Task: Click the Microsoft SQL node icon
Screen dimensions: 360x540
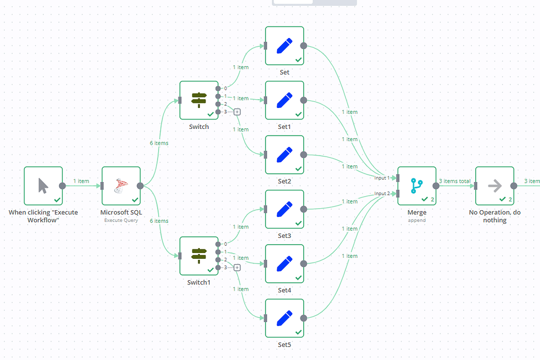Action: [x=121, y=186]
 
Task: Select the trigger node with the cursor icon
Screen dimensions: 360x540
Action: [x=43, y=186]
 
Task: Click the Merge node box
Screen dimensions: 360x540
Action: [x=416, y=186]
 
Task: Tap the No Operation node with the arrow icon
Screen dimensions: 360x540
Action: [x=494, y=186]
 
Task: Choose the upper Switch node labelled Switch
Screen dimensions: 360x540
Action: [x=199, y=100]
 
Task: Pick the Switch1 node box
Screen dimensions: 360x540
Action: [x=199, y=256]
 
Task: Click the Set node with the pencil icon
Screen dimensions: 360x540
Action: [x=284, y=46]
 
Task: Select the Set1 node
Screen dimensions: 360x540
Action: [x=284, y=100]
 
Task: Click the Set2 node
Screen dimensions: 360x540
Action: [x=284, y=154]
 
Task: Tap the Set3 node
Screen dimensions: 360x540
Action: [x=284, y=209]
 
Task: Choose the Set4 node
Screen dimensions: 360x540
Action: [x=284, y=263]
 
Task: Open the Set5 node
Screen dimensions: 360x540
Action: [x=284, y=318]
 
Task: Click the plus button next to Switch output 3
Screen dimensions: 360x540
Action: [x=237, y=112]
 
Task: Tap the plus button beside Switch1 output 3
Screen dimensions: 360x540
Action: [x=237, y=268]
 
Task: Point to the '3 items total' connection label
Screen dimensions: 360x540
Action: [x=454, y=181]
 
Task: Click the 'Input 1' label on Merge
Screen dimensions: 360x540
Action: [x=382, y=178]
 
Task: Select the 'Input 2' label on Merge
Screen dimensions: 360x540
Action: [x=382, y=194]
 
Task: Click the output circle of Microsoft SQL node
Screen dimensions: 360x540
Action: [x=140, y=186]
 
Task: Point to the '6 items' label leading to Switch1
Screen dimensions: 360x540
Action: [x=159, y=221]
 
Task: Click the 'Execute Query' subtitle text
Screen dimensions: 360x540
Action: [x=121, y=220]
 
